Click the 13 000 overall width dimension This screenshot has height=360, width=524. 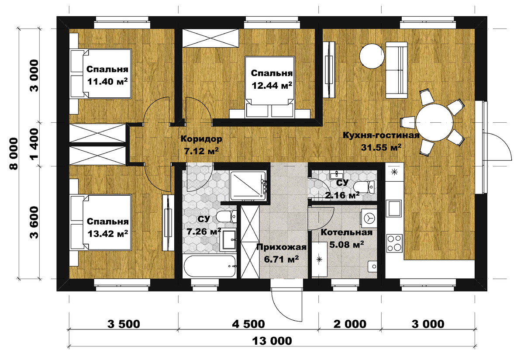point(272,341)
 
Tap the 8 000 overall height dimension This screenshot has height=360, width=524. point(14,153)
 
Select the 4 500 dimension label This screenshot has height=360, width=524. point(248,324)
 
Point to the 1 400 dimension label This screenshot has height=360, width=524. point(34,144)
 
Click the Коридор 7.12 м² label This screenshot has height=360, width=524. point(201,145)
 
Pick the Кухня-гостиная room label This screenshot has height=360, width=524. point(381,135)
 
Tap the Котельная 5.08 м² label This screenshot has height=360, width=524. point(346,239)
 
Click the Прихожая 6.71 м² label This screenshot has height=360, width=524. point(281,253)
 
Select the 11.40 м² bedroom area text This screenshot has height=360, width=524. point(107,81)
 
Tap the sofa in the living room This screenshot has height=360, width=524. point(396,70)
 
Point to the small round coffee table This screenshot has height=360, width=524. point(372,56)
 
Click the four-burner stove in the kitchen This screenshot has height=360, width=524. point(394,243)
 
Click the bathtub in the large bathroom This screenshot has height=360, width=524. point(210,266)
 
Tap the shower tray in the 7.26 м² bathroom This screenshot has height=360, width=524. point(248,186)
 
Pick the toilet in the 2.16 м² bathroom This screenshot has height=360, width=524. point(365,187)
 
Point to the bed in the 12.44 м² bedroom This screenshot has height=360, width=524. point(269,87)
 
